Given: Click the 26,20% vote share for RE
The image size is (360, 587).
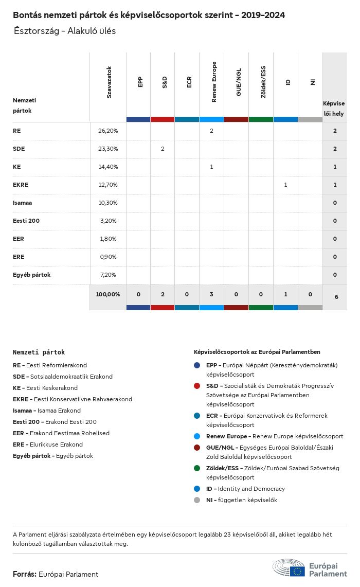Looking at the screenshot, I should pos(108,131).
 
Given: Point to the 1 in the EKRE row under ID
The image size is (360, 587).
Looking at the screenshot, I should pos(285,185).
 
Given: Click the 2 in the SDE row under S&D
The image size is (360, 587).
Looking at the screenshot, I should pos(163,149).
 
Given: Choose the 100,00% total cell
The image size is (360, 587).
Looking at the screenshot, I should pos(108,294).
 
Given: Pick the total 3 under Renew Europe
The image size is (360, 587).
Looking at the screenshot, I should pos(212,294).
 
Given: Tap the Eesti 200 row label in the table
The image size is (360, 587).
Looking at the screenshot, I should pos(26,221).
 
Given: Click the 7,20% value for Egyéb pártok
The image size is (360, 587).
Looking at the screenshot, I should pos(108,275).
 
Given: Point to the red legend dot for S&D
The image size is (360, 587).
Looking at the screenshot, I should pos(197,386).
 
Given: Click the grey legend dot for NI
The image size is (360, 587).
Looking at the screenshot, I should pos(197,500).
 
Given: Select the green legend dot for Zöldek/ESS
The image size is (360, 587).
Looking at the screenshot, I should pos(197,468).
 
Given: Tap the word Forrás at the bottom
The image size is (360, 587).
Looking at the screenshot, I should pos(24,574).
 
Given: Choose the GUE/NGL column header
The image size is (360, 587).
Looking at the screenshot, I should pos(239,82).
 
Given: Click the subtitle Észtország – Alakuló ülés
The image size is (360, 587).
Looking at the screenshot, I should pos(65,31).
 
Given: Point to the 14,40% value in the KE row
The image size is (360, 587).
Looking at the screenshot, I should pos(108,167).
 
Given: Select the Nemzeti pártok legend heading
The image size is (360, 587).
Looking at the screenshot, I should pos(39,352).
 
